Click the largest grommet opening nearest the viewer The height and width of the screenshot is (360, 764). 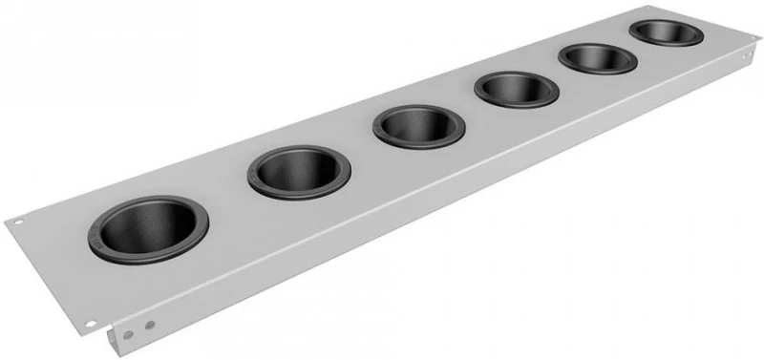point(148,229)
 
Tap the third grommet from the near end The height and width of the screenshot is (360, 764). point(416,126)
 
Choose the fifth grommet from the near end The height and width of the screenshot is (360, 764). point(598,58)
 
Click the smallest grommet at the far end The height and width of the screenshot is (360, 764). point(666,32)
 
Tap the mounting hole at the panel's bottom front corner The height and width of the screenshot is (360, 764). point(91,324)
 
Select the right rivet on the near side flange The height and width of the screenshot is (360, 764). point(148,324)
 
